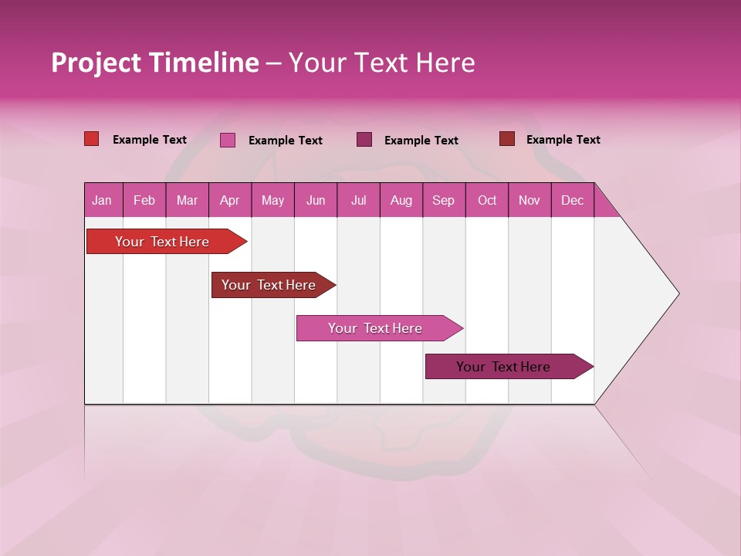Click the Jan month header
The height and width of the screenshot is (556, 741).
(102, 200)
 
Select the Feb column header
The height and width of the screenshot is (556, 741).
(144, 200)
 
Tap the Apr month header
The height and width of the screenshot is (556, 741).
(229, 200)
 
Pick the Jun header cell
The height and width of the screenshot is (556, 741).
(316, 200)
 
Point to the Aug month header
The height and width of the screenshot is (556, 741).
(401, 200)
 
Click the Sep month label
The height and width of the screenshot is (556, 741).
(443, 200)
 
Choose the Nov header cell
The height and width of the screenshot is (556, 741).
(529, 200)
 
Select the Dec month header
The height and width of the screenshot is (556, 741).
(572, 200)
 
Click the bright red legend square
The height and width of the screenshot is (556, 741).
(91, 139)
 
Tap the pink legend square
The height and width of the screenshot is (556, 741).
(228, 140)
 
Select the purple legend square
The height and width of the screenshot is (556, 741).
(364, 140)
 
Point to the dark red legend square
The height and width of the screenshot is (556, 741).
(507, 139)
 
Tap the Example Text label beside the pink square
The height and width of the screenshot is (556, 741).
(286, 141)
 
